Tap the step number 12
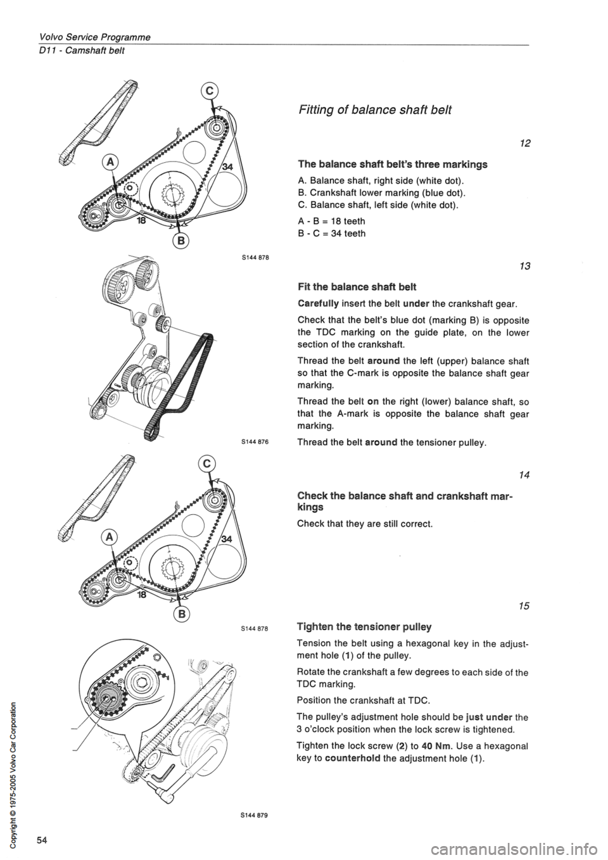pos(522,146)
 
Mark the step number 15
pos(522,607)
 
